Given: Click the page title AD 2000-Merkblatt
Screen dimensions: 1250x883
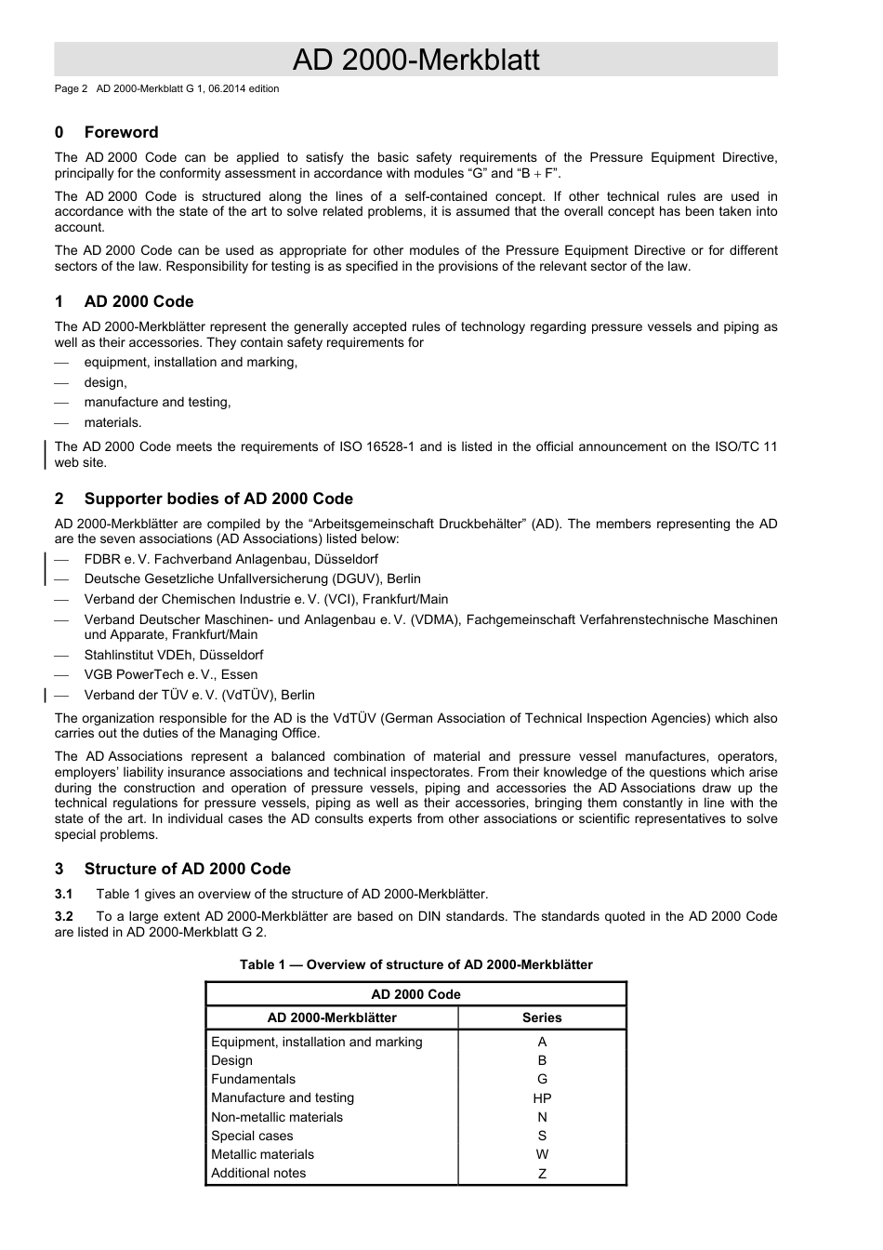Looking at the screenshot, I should (415, 60).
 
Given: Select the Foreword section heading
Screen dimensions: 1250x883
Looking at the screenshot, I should (121, 132).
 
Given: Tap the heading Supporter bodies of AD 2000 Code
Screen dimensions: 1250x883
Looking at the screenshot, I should (218, 499).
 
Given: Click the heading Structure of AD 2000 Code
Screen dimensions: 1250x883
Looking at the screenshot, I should (187, 869).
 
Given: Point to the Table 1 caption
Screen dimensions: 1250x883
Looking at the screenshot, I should (415, 964).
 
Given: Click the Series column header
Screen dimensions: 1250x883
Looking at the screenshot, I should (542, 1017).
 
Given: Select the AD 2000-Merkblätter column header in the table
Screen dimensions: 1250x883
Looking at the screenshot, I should (332, 1017).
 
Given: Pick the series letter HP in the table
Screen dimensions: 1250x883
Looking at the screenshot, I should (542, 1098).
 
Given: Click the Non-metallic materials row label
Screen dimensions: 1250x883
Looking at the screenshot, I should (277, 1117).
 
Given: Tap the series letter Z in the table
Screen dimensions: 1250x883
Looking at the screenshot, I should (542, 1174).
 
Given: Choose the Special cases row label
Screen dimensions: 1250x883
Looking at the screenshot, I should (252, 1136).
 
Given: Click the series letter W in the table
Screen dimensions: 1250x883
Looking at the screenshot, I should (542, 1154).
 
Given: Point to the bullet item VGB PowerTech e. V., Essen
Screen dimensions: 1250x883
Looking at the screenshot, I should (171, 674).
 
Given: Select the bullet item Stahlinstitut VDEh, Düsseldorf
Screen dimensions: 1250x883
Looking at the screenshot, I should (174, 655).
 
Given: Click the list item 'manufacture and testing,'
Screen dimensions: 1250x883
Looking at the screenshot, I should (157, 402).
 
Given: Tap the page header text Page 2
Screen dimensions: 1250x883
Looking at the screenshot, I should (71, 89).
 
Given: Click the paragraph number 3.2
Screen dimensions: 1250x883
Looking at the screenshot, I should (64, 916).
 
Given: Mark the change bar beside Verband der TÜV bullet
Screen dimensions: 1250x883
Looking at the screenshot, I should (46, 695).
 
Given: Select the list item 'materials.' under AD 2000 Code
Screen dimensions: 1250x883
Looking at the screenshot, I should (112, 422).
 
